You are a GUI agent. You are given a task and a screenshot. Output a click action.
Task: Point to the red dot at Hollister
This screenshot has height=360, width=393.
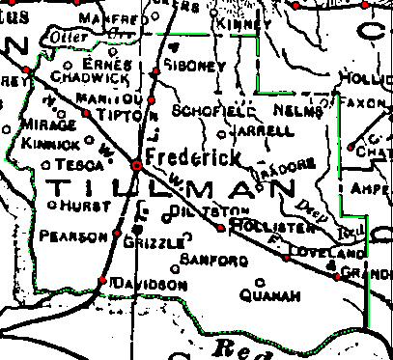pyautogui.click(x=221, y=228)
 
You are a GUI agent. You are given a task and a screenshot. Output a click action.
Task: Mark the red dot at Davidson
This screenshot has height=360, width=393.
pyautogui.click(x=102, y=281)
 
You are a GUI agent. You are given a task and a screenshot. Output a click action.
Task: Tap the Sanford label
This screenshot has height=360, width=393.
pyautogui.click(x=209, y=261)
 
